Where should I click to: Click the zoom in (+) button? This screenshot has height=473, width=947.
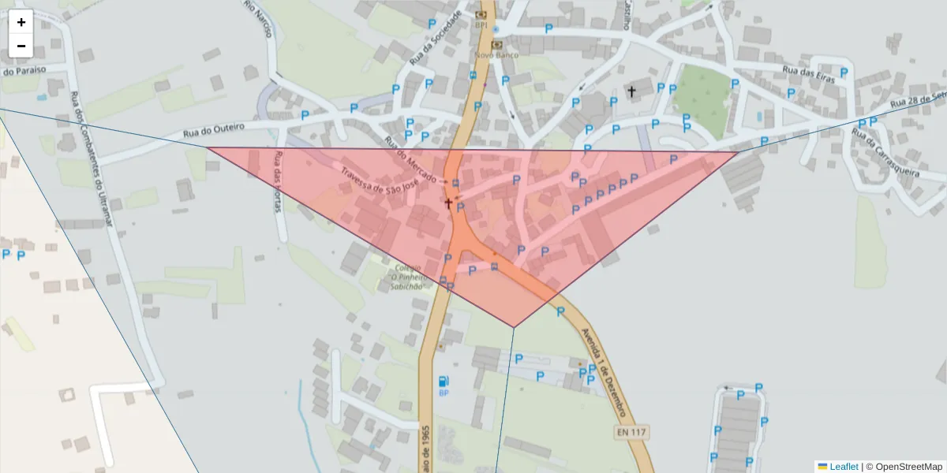(x=21, y=22)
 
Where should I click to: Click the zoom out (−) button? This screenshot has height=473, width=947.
(x=21, y=46)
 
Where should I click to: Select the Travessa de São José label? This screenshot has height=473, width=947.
(x=378, y=180)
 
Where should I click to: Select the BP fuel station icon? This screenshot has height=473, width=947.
(x=444, y=382)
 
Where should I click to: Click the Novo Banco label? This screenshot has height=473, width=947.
(x=496, y=55)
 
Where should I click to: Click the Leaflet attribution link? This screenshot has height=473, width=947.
(x=843, y=467)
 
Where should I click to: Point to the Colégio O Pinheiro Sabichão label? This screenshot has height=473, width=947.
(x=409, y=277)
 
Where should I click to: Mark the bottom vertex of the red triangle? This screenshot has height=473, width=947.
(x=514, y=327)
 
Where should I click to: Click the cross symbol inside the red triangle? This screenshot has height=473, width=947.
(x=448, y=203)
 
